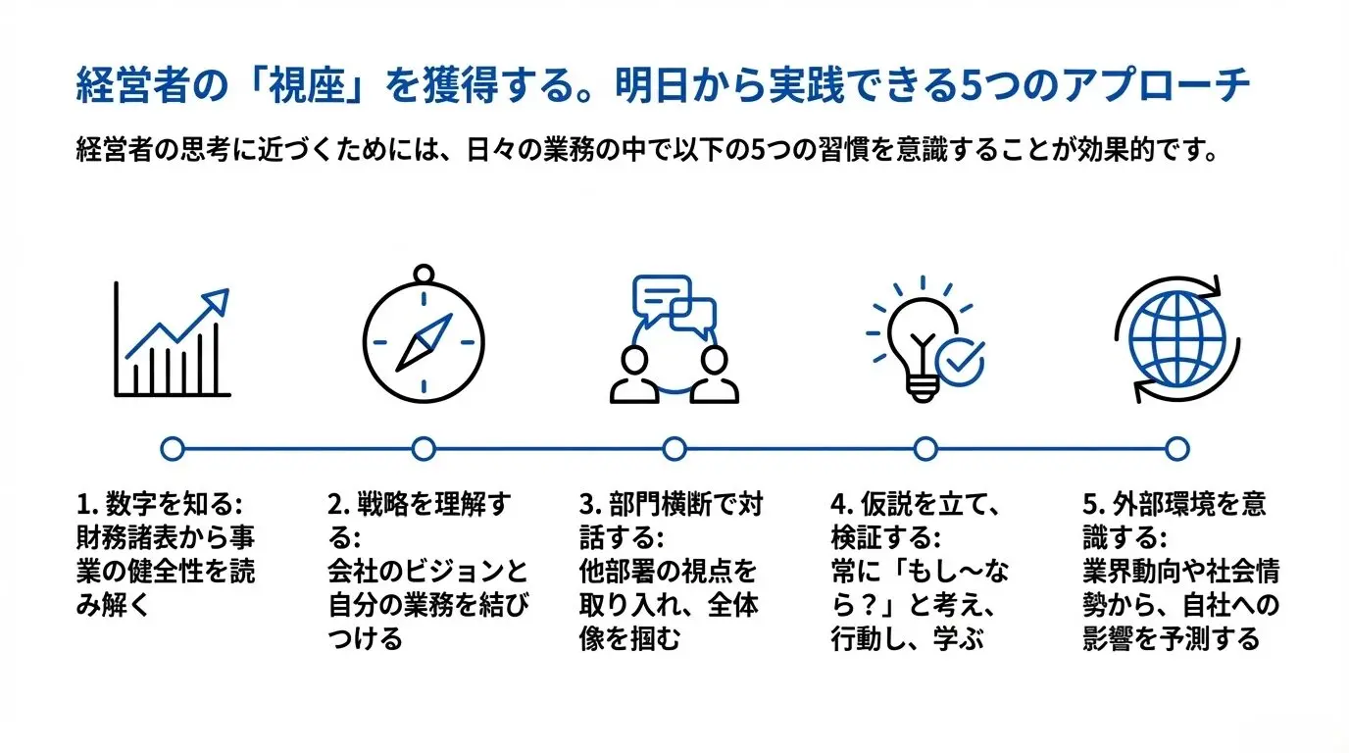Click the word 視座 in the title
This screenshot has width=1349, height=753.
click(307, 85)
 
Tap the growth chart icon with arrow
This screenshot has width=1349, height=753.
click(173, 339)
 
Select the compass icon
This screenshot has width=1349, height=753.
click(424, 333)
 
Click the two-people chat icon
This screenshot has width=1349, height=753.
click(674, 339)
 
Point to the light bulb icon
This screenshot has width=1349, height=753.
click(925, 340)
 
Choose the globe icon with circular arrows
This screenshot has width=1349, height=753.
click(1176, 339)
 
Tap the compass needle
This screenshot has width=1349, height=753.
click(424, 342)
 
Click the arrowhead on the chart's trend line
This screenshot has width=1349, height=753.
click(216, 301)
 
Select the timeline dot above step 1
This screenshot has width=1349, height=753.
click(173, 449)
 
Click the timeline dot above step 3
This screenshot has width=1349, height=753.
click(674, 449)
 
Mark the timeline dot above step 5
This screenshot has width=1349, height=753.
click(1176, 449)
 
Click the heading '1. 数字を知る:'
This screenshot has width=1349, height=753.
click(160, 504)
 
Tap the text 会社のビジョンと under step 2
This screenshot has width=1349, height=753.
click(428, 571)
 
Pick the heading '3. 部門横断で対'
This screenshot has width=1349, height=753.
click(671, 504)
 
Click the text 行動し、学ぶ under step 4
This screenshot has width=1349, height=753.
click(907, 638)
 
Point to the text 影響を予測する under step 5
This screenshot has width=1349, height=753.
click(1172, 638)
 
